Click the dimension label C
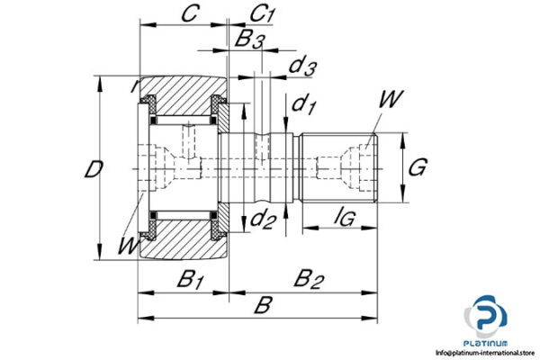(x=189, y=14)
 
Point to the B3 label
(x=249, y=40)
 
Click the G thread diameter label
(x=417, y=167)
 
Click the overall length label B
(x=262, y=306)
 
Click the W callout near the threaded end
(x=391, y=99)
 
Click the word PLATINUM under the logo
(x=486, y=343)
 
